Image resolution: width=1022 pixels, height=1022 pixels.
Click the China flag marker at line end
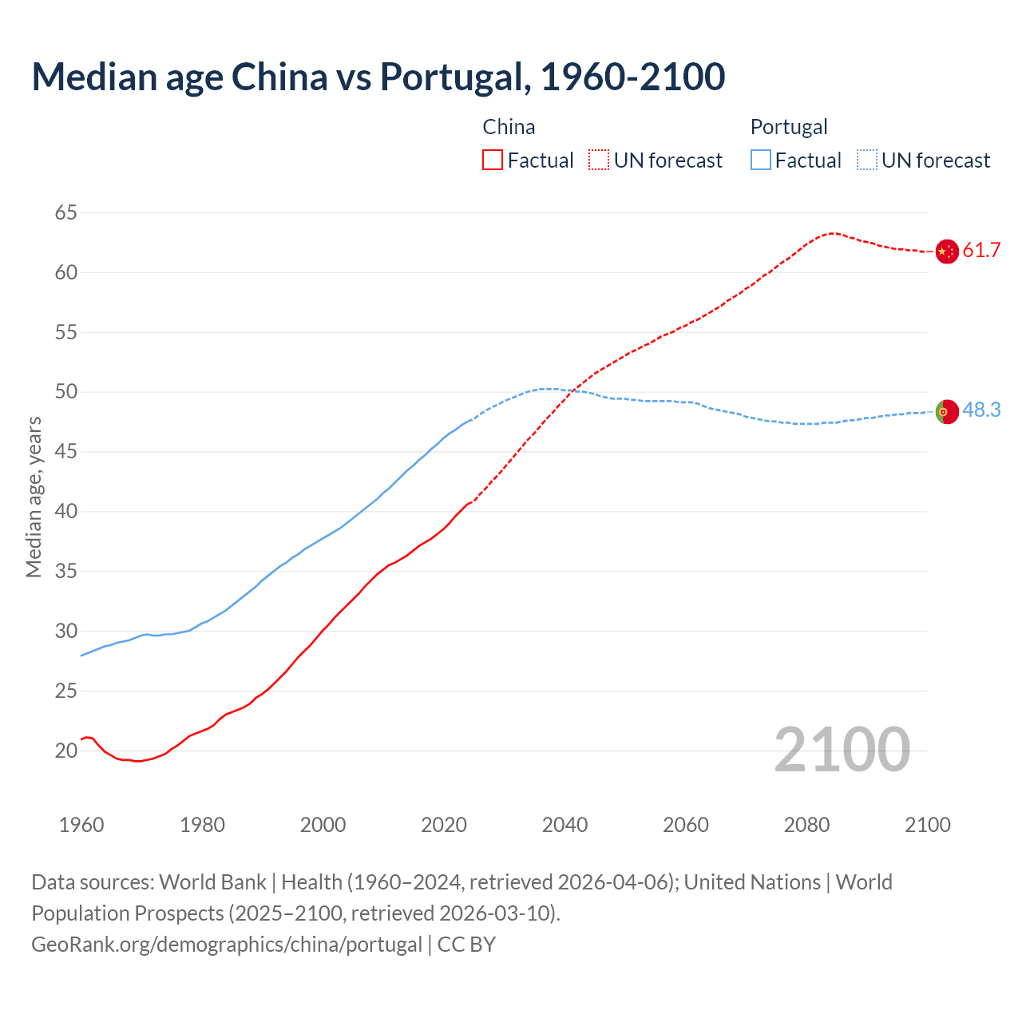point(946,252)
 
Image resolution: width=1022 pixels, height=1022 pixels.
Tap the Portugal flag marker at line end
point(946,412)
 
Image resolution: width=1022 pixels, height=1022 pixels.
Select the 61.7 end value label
point(981,251)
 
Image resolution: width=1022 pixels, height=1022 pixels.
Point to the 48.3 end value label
point(981,410)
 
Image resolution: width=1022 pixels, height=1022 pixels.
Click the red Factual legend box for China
point(493,160)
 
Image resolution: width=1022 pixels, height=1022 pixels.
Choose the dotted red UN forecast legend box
point(599,160)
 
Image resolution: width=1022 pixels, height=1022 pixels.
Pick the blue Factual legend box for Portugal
point(761,160)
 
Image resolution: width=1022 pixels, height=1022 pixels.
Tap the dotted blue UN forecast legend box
point(867,160)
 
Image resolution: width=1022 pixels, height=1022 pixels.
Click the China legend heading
point(509,127)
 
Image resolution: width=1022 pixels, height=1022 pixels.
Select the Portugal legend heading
point(789,127)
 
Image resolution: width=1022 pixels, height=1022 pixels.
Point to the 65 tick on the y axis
point(66,212)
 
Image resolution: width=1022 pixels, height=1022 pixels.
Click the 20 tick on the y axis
point(66,751)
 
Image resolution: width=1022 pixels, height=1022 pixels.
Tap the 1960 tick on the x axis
point(81,825)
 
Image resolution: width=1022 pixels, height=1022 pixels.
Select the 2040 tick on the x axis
point(564,825)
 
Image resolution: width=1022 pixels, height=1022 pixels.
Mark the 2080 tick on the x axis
point(806,825)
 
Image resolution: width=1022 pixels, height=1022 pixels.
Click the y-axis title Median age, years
point(34,497)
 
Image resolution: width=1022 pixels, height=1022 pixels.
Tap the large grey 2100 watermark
point(842,750)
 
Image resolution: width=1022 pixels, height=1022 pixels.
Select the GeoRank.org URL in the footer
point(227,945)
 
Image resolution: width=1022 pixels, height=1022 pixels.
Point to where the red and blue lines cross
point(573,390)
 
